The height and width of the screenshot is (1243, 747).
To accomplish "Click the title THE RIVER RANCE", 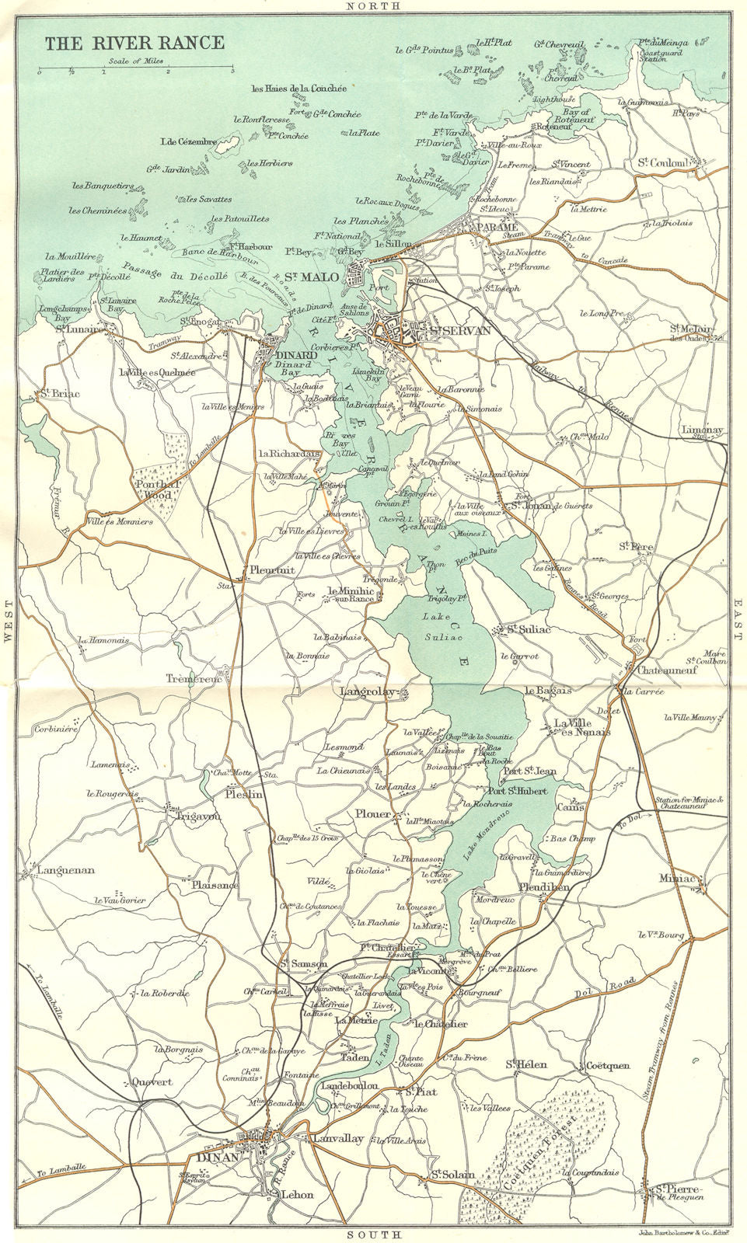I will coord(134,43).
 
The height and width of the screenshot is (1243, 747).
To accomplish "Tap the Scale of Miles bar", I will coord(135,71).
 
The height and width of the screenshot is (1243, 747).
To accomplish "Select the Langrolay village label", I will coord(368,691).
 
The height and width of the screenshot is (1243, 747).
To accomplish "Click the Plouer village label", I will coord(372,816).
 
